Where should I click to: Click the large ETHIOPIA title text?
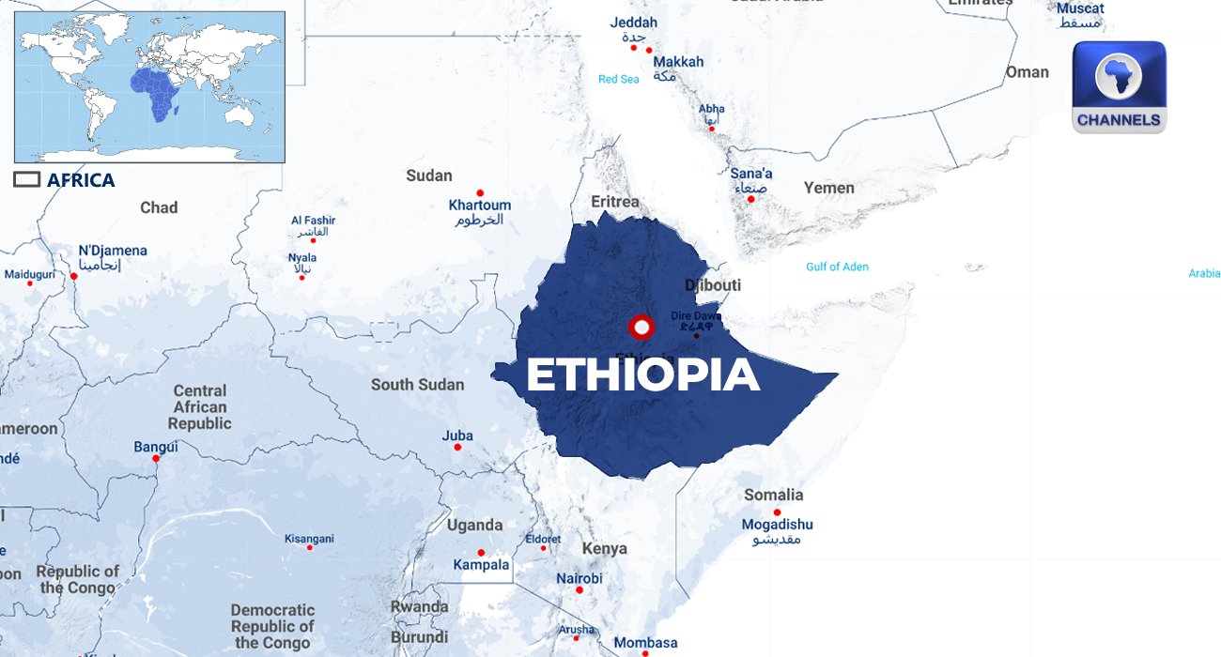coord(642,375)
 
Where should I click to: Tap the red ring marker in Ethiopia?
coord(641,328)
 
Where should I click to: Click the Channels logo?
coord(1119,87)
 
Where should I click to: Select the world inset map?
coord(149,86)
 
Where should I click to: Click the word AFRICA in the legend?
coord(81,180)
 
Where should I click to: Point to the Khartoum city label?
coord(479,206)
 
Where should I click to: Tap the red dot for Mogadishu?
coord(777,512)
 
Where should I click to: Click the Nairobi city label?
coord(579,578)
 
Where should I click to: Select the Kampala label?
coord(481,565)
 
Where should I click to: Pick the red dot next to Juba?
coord(457,448)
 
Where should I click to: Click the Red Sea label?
coord(618,80)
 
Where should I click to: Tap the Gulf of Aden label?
coord(837,267)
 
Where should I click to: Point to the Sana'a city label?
coord(751,174)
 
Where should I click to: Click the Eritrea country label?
coord(615,202)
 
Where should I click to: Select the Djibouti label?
coord(713,285)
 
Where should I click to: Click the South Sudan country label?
coord(417,385)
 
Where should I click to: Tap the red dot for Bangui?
coord(156,458)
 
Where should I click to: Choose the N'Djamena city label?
coord(113,251)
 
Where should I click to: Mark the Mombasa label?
coord(645,643)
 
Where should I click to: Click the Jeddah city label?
coord(633,23)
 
